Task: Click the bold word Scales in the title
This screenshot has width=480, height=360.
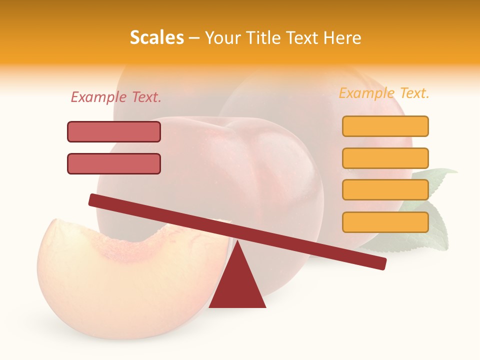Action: coord(156,37)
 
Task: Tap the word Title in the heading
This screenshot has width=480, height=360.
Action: coord(264,37)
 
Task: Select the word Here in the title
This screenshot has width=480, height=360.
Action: coord(342,37)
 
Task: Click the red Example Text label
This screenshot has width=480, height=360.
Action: coord(116,97)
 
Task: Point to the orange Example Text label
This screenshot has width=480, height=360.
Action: coord(384,93)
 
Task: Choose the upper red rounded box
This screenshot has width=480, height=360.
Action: coord(114,131)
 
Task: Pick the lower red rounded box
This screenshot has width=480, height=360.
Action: coord(114,163)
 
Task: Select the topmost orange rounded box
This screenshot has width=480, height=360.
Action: coord(385,126)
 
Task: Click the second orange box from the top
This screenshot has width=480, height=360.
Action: coord(385,158)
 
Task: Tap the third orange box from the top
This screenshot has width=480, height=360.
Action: coord(385,190)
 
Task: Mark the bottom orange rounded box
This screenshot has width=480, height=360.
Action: coord(385,222)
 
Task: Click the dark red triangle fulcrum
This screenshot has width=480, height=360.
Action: coord(237,285)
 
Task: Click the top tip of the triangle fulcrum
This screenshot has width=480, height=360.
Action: coord(237,242)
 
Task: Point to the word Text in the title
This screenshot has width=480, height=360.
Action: coord(303,37)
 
